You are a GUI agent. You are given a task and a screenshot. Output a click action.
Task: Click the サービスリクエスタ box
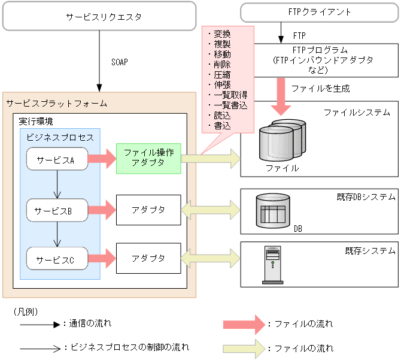(x=99, y=16)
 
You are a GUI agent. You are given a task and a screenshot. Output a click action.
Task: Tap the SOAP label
(x=119, y=62)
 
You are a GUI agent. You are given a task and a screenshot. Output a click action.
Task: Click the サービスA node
(x=57, y=159)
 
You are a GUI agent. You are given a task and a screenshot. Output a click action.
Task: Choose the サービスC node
(x=57, y=259)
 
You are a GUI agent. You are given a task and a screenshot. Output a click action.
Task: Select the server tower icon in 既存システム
(x=272, y=264)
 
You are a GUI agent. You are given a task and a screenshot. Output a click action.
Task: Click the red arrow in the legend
(x=243, y=323)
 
